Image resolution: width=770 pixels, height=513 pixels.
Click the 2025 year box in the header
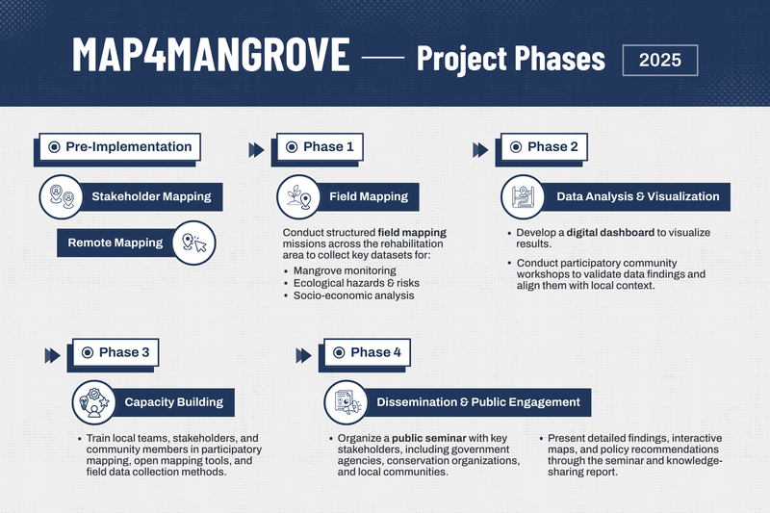[x=660, y=59]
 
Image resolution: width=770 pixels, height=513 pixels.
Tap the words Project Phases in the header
[x=510, y=59]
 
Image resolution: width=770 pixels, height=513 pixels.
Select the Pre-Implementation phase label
[x=120, y=147]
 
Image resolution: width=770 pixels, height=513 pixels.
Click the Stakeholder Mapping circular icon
[x=57, y=196]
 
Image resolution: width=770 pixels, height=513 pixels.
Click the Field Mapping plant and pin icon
[x=296, y=196]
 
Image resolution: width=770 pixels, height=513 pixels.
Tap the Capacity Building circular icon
[x=93, y=402]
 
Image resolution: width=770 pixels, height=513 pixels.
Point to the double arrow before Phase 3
[x=53, y=355]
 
